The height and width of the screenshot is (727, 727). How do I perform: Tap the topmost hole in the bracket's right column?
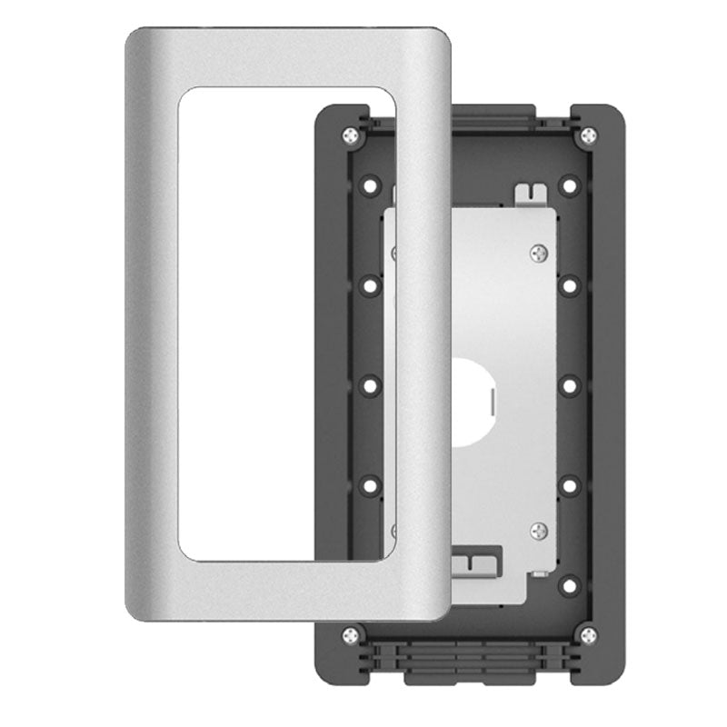569,187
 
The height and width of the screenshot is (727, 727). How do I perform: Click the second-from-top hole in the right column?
569,286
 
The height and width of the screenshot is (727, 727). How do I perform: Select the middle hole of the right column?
569,386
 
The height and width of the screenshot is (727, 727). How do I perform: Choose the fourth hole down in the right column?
569,485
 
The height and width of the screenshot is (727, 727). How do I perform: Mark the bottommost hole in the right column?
569,584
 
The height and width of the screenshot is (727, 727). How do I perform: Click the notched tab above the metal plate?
530,194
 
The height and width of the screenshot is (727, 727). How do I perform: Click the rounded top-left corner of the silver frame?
136,41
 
